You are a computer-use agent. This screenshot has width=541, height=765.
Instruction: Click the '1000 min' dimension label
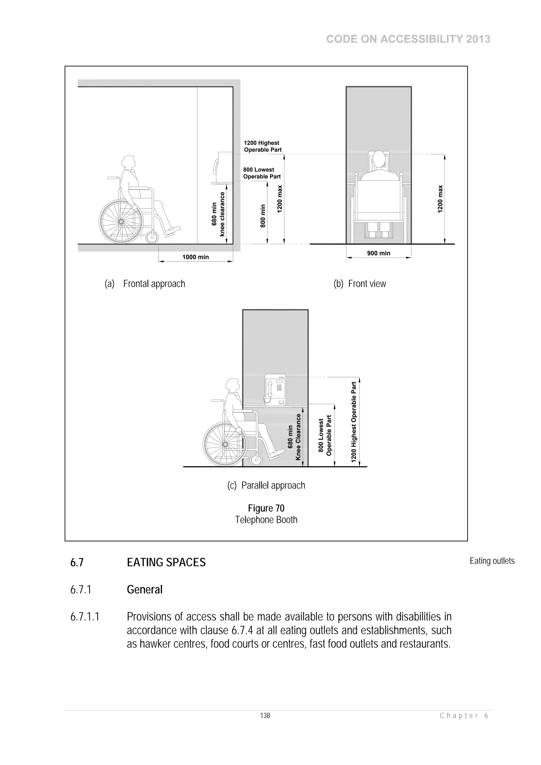195,257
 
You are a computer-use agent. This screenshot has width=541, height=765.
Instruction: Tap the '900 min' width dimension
378,253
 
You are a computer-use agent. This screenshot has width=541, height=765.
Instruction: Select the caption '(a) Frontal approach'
145,284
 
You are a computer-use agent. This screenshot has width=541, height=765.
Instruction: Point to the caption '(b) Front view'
360,284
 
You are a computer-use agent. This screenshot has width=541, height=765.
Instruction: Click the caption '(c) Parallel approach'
266,485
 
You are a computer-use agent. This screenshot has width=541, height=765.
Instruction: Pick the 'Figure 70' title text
266,508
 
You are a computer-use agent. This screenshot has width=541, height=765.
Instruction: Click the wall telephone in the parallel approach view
275,389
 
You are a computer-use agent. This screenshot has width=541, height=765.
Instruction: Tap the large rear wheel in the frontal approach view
121,221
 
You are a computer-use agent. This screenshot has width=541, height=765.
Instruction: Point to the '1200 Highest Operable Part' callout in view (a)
263,146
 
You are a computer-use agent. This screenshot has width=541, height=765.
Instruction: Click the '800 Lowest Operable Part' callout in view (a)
262,173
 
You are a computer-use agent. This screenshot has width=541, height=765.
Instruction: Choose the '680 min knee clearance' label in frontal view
218,214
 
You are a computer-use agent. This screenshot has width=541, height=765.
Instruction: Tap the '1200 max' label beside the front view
440,199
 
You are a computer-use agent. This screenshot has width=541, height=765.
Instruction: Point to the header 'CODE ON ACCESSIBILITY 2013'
408,39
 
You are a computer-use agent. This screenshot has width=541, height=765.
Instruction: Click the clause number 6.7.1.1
85,617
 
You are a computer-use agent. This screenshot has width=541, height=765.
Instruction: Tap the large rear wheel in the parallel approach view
225,444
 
